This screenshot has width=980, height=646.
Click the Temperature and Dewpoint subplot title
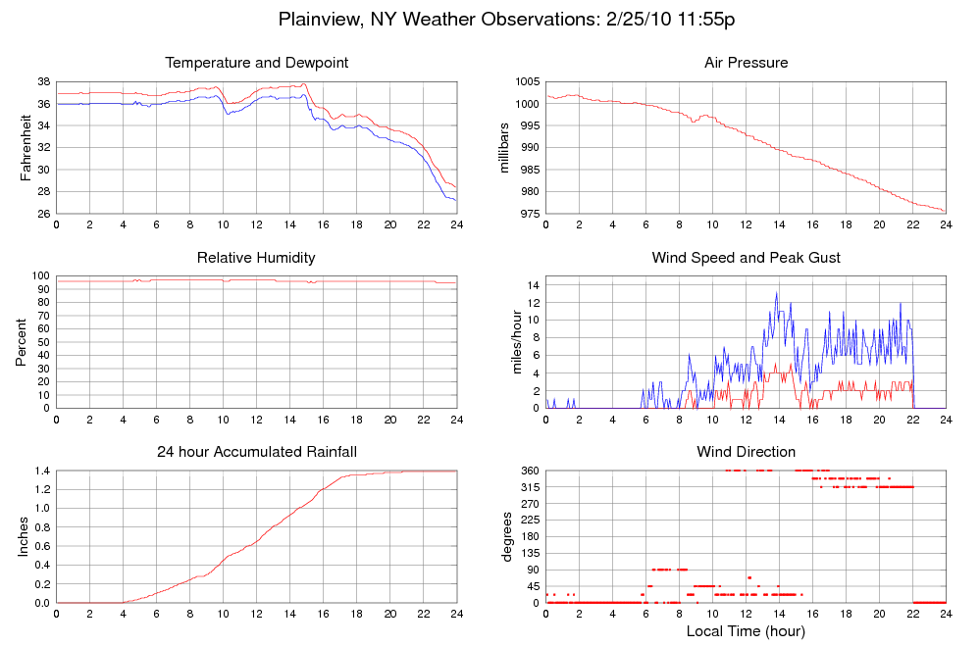(256, 63)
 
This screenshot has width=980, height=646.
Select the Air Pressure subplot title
(746, 63)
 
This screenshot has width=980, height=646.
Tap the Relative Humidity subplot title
(256, 258)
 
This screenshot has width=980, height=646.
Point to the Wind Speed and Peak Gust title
(746, 258)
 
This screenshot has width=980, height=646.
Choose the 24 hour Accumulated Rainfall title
(256, 452)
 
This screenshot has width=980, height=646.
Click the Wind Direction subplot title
(746, 452)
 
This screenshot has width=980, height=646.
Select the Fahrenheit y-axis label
(26, 148)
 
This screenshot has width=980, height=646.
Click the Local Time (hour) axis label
(746, 630)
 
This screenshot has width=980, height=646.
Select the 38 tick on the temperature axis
(44, 82)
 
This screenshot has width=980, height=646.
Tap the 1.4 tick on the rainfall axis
(41, 472)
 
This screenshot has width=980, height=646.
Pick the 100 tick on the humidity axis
(40, 276)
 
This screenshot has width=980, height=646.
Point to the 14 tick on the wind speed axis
(534, 284)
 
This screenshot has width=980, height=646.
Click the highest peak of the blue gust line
(777, 292)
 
